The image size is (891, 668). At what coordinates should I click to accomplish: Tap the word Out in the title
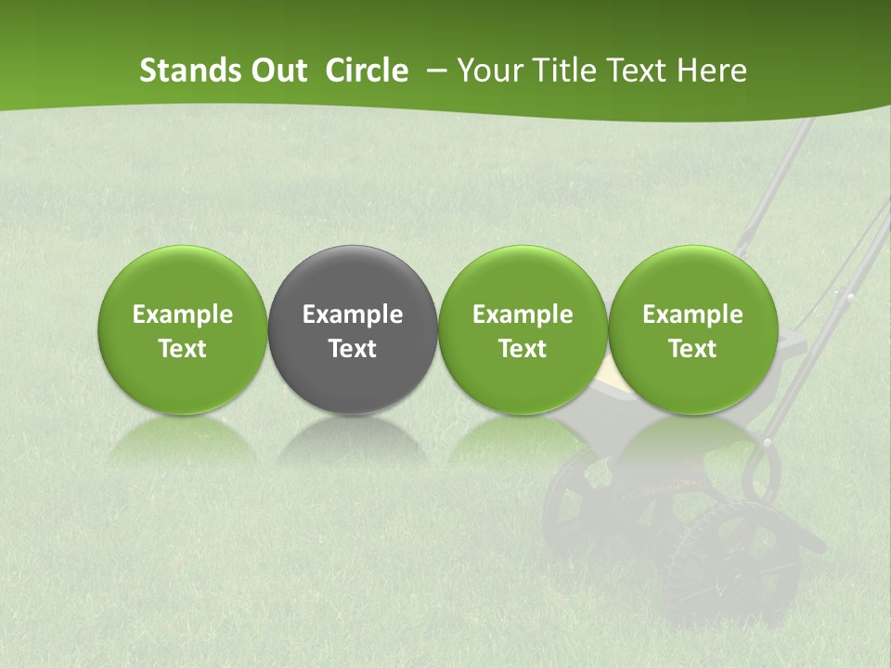(276, 71)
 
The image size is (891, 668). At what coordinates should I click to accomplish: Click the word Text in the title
(638, 71)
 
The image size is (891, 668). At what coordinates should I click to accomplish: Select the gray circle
(353, 329)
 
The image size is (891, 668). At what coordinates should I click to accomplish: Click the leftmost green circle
(183, 329)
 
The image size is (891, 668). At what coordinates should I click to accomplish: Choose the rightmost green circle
(693, 329)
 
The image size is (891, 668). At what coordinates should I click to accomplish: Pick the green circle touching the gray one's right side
(523, 329)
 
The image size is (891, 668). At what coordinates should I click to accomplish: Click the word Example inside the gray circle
(353, 315)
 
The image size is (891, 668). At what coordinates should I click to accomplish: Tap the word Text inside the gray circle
(353, 348)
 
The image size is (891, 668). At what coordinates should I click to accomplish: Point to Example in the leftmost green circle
(183, 315)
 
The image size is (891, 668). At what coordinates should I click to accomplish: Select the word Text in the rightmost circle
(693, 348)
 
